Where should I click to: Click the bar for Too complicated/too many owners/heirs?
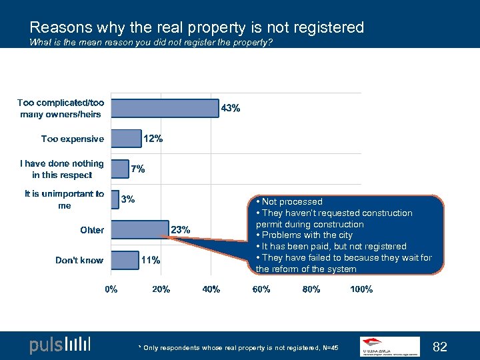coord(165,108)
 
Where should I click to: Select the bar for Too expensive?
coord(126,139)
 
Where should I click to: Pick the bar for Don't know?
coord(125,260)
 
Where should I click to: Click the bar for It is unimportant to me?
coord(115,199)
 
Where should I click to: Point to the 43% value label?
coord(231,108)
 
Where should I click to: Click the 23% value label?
coord(181,229)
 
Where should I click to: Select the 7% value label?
coord(137,169)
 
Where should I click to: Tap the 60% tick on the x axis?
coord(261,289)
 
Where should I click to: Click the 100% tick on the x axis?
coord(361,289)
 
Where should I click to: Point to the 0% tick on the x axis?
coord(111,289)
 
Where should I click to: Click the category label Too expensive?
coord(73,139)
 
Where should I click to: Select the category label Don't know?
coord(79,260)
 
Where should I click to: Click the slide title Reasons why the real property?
coord(197,27)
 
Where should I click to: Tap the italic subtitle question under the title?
coord(151,43)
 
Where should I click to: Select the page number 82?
coord(440,346)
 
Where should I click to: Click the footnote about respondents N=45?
coord(239,348)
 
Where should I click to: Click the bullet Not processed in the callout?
coord(292,201)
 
